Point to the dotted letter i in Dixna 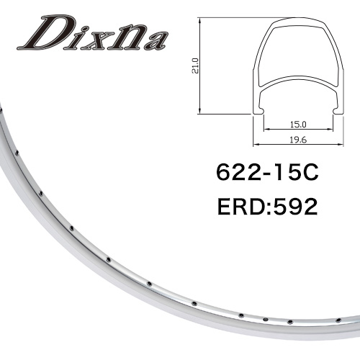pos(71,37)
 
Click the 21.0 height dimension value pos(196,66)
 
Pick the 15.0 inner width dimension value pos(298,125)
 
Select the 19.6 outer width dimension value pos(298,140)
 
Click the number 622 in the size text pos(239,173)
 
